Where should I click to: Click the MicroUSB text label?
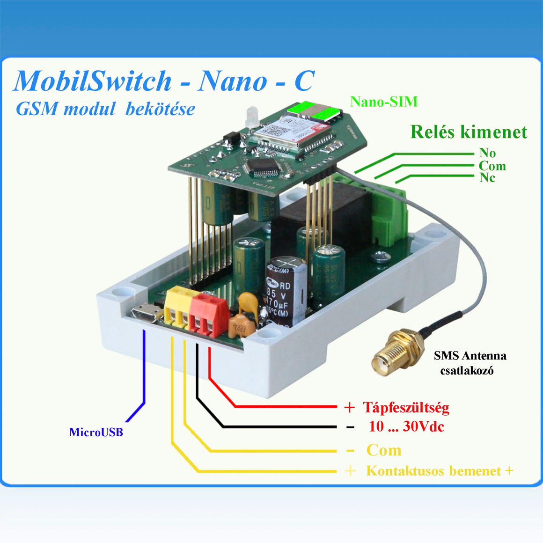[x=96, y=432]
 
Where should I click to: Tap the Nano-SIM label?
[x=384, y=102]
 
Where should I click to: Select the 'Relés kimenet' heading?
[x=469, y=132]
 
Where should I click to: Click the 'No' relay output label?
[x=487, y=153]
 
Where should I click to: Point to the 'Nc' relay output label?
[x=487, y=177]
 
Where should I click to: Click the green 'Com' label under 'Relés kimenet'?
[x=492, y=166]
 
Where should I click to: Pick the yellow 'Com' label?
[x=384, y=450]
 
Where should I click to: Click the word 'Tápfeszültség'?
[x=406, y=407]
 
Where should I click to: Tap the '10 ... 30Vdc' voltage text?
[x=406, y=426]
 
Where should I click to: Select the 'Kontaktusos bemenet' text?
[x=433, y=470]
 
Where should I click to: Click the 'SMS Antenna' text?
[x=470, y=356]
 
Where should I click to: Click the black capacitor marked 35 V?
[x=286, y=293]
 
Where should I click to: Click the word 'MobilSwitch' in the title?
[x=93, y=81]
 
